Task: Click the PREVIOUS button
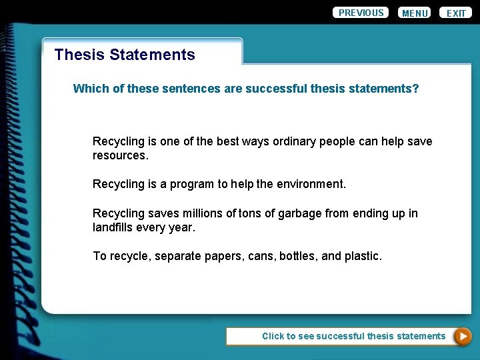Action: [x=361, y=13]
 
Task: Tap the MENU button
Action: [x=415, y=13]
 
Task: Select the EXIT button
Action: [x=456, y=13]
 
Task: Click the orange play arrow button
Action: [x=462, y=337]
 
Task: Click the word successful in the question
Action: [x=276, y=88]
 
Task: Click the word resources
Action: [x=120, y=155]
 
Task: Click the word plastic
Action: [x=363, y=256]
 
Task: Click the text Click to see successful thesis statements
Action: [x=353, y=336]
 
